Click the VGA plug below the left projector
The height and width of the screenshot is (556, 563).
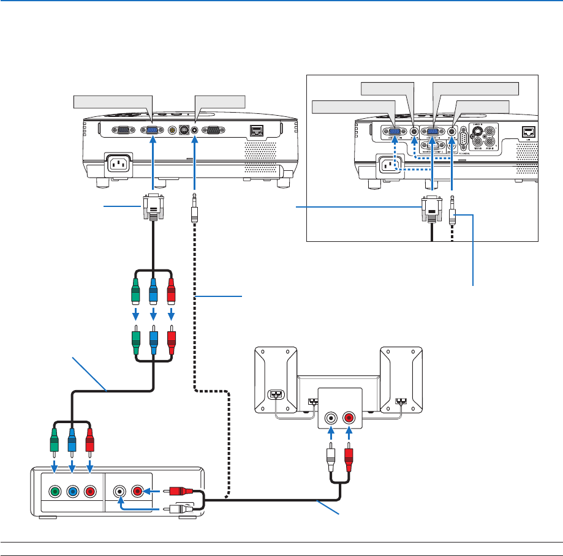[153, 208]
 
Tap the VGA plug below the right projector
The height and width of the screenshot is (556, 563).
[431, 211]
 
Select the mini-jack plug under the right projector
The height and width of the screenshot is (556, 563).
[452, 212]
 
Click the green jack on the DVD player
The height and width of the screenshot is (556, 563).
[55, 491]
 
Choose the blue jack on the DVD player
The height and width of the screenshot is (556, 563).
[73, 491]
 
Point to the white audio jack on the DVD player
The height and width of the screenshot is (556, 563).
[119, 491]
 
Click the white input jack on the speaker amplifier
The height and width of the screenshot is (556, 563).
[331, 419]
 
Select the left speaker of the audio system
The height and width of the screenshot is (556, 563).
[276, 381]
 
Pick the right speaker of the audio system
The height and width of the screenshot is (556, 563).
[402, 381]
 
